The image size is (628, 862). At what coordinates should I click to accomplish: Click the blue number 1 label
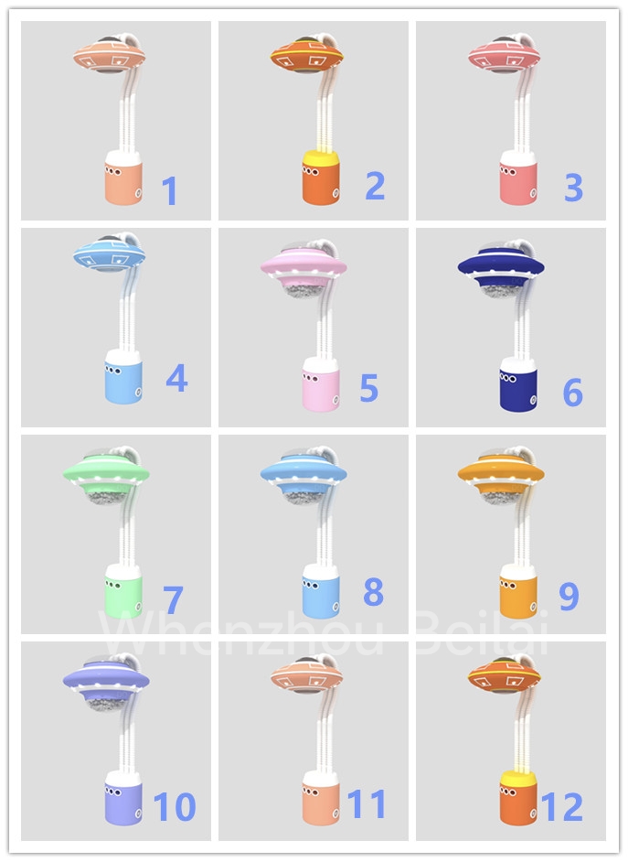pyautogui.click(x=169, y=191)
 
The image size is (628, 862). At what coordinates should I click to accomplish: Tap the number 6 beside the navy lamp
pyautogui.click(x=572, y=393)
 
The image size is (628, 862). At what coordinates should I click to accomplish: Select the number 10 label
pyautogui.click(x=175, y=807)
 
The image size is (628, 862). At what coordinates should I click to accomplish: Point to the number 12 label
pyautogui.click(x=561, y=807)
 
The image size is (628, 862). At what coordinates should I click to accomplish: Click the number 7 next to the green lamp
pyautogui.click(x=173, y=600)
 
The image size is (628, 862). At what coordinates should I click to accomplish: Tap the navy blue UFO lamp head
pyautogui.click(x=501, y=265)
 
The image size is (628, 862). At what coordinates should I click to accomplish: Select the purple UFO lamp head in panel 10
pyautogui.click(x=105, y=678)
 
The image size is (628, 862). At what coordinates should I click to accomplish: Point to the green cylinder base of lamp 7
pyautogui.click(x=123, y=597)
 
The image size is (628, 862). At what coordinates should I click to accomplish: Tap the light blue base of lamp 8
pyautogui.click(x=321, y=597)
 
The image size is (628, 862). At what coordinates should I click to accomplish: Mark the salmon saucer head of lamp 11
pyautogui.click(x=307, y=676)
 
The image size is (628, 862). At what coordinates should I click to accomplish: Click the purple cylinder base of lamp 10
pyautogui.click(x=123, y=803)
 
